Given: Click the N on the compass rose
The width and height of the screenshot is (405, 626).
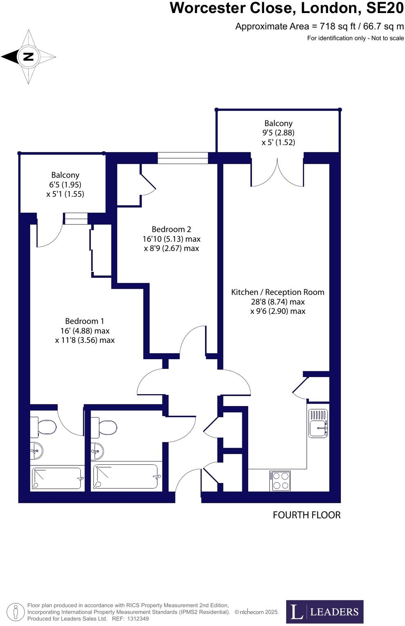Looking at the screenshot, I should (28, 57).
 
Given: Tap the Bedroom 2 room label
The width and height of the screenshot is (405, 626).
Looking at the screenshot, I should (171, 229).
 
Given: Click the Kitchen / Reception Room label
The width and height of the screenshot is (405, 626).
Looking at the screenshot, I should (278, 292).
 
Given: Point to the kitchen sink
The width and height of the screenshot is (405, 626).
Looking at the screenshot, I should (318, 424).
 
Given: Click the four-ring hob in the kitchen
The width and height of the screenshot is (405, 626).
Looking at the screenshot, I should (280, 481).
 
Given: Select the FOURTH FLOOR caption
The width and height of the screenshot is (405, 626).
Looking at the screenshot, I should (307, 515).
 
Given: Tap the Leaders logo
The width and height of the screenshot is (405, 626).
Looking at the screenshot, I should (325, 611).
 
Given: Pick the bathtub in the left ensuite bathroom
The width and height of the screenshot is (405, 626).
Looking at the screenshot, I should (57, 478).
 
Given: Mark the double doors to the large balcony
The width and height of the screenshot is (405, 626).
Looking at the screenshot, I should (277, 173).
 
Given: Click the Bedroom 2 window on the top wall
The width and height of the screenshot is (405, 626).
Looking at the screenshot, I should (182, 158).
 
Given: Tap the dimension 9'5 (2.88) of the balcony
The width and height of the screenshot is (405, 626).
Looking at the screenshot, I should (278, 133).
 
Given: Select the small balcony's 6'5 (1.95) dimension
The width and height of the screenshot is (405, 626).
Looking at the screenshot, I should (65, 184).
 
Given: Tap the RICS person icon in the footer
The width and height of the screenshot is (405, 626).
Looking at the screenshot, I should (16, 612).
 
